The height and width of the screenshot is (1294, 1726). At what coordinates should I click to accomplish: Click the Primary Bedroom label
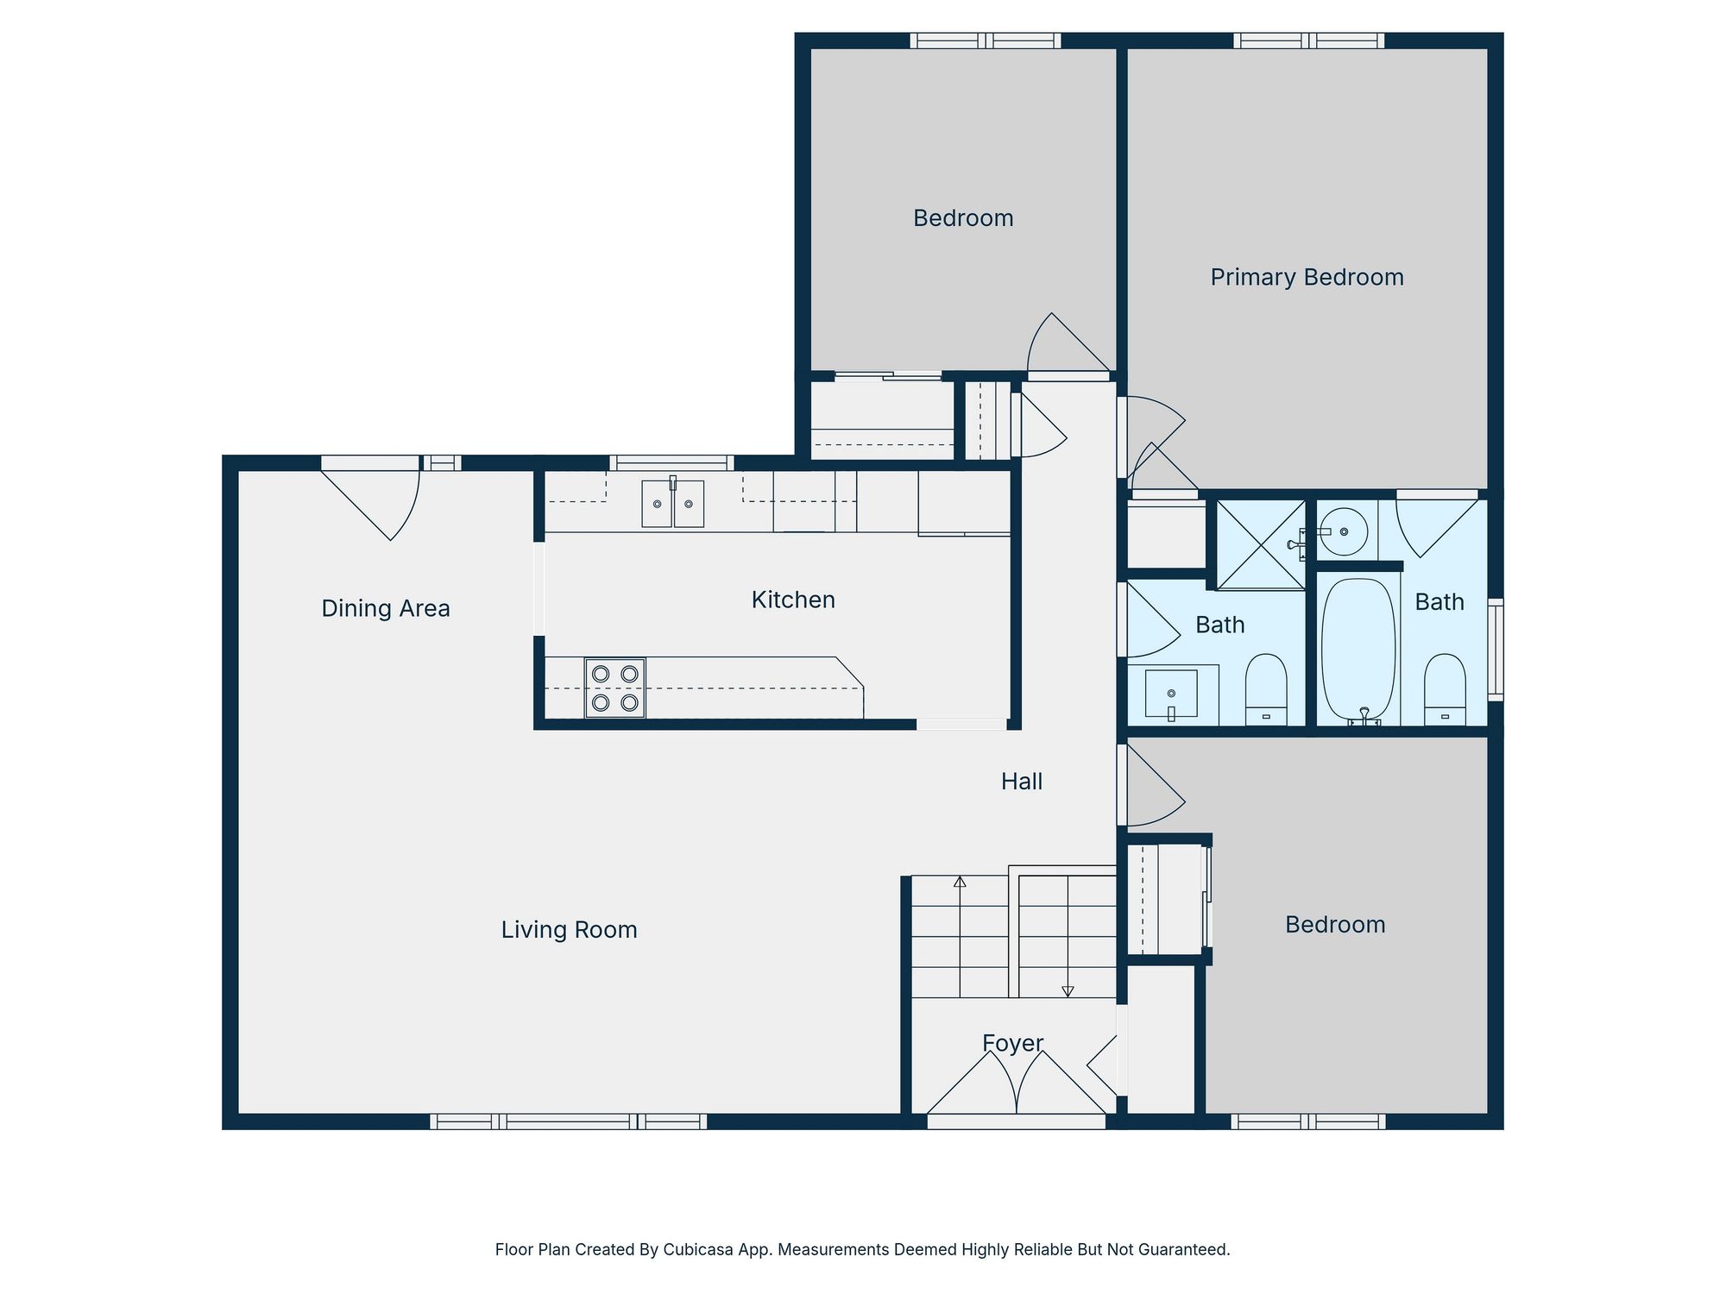1307,278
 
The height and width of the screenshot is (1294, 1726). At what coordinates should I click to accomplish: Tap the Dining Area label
386,609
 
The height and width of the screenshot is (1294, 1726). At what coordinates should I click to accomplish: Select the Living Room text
570,930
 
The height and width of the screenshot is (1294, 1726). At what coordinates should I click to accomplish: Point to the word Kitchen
793,600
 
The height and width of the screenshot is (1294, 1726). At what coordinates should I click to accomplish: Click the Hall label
1022,782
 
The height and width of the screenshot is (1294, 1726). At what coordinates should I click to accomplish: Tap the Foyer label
1013,1044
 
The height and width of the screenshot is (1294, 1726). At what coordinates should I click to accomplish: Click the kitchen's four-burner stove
615,688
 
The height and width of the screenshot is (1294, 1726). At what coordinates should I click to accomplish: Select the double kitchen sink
672,504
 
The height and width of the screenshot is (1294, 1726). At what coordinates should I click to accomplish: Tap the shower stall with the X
1260,544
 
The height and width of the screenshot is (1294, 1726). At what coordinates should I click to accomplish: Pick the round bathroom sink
1344,531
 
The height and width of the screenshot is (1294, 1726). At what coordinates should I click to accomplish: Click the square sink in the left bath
1171,693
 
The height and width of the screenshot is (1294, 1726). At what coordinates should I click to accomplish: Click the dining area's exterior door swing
380,505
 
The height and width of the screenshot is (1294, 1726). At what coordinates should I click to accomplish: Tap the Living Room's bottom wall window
569,1121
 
